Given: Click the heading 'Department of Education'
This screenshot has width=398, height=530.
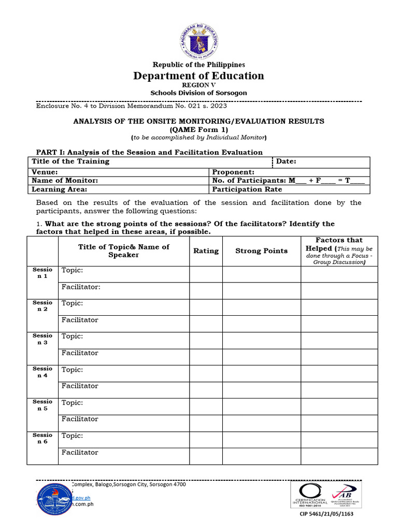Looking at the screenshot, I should [x=199, y=76].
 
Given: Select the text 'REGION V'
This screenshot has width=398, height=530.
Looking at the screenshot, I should [x=199, y=85].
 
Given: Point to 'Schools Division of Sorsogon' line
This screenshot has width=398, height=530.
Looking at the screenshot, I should [x=199, y=93].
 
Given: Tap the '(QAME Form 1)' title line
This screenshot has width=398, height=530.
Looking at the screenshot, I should [x=199, y=129].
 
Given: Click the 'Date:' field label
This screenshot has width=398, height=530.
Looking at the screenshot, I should [x=286, y=161].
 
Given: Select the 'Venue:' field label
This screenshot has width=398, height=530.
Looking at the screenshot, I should [x=45, y=172].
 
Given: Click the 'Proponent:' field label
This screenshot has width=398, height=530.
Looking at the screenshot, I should [x=233, y=172].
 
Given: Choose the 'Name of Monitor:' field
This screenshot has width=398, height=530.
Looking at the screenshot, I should [x=65, y=181].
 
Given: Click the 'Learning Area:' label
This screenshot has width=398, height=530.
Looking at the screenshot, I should [x=59, y=189].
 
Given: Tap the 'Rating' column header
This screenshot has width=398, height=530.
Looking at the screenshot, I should [x=206, y=251].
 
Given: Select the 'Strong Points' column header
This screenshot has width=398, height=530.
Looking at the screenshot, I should [x=261, y=251].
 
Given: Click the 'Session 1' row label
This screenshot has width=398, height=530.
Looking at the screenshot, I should [x=42, y=273].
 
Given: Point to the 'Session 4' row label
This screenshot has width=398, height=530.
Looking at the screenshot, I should [x=42, y=372].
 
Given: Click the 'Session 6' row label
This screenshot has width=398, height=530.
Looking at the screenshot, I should [x=42, y=438].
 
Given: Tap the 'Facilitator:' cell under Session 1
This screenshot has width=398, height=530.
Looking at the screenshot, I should [x=81, y=287].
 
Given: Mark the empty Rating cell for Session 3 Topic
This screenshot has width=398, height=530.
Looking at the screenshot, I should [x=206, y=340].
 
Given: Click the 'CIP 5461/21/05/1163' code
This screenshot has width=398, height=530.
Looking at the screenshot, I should [x=327, y=514].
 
